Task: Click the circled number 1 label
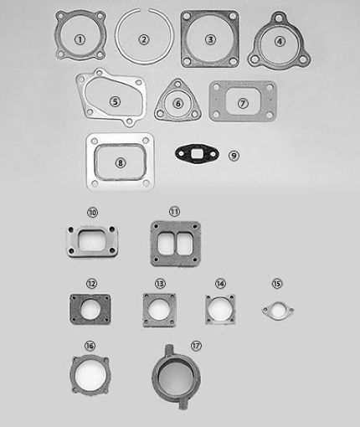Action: [x=79, y=39]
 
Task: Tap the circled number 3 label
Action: [x=209, y=39]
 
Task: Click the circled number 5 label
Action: [x=115, y=101]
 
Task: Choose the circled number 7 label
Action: [x=243, y=103]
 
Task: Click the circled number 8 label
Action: [x=121, y=162]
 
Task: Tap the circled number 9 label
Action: [x=234, y=155]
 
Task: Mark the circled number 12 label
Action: [x=92, y=285]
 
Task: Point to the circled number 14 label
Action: [x=220, y=285]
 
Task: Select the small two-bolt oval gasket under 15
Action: [x=278, y=311]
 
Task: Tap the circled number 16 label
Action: [x=90, y=346]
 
